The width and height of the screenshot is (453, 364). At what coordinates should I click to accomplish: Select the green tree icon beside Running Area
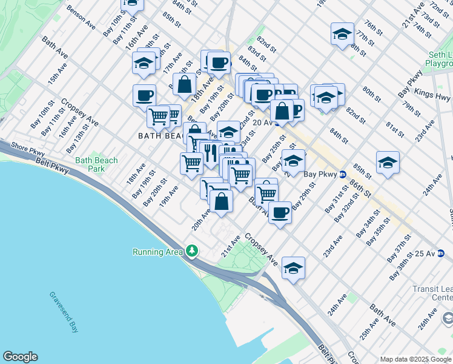click(x=192, y=251)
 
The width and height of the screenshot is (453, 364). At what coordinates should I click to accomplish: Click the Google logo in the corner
click(x=20, y=357)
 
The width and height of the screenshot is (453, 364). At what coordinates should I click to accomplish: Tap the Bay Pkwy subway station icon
click(x=342, y=174)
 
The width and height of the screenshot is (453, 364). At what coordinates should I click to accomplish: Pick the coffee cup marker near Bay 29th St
click(x=280, y=213)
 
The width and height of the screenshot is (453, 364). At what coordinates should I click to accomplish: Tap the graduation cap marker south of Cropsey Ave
click(x=293, y=268)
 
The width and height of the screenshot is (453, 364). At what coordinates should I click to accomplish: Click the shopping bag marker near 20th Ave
click(x=221, y=201)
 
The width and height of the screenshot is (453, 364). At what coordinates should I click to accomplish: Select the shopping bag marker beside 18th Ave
click(x=184, y=84)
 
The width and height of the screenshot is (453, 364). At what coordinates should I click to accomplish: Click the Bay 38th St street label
click(x=402, y=265)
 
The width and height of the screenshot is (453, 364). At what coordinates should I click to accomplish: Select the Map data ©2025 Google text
click(x=415, y=359)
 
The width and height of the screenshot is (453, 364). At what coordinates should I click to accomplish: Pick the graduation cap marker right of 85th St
click(x=388, y=162)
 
